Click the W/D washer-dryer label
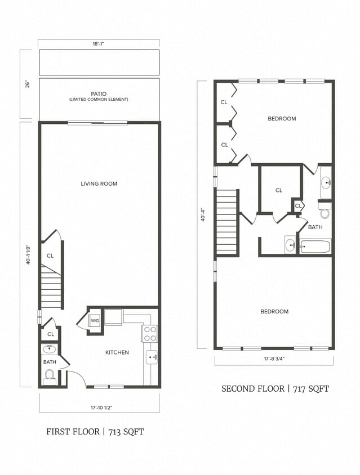pos(95,321)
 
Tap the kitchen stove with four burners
pos(150,334)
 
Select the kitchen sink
pos(152,357)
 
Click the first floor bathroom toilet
pos(49,375)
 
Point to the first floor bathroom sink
pos(49,349)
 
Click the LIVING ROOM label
pos(99,183)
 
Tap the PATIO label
pos(99,94)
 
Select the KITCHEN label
pos(117,352)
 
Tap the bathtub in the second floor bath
pos(315,247)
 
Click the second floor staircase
pos(227,222)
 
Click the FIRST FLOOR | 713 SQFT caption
pos(95,432)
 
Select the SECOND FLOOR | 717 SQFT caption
pos(274,388)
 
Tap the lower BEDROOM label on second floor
pos(274,311)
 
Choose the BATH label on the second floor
pos(315,227)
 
